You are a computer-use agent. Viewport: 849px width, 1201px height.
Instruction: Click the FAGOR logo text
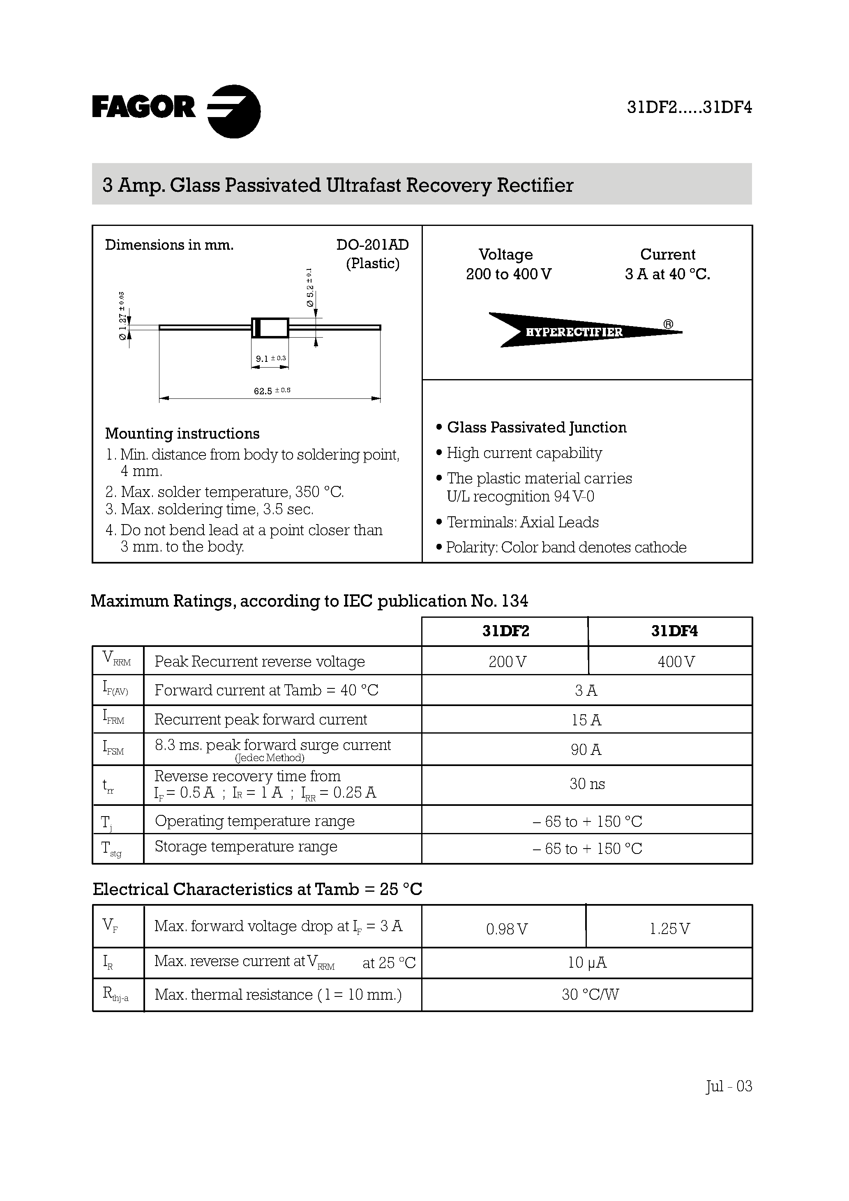tap(144, 107)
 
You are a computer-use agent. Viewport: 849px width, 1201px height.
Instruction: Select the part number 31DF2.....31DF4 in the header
tap(689, 107)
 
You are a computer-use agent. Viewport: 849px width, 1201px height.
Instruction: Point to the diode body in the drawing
tap(270, 327)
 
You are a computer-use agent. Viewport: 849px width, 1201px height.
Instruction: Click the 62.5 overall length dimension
tap(271, 390)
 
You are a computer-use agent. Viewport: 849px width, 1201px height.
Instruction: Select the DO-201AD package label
tap(372, 245)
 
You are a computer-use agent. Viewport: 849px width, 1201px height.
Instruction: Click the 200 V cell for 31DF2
tap(507, 662)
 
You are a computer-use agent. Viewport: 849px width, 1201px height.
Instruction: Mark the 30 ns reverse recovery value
tap(587, 784)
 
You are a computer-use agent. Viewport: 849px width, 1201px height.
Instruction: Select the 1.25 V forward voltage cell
tap(669, 929)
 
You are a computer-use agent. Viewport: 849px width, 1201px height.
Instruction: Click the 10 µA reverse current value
tap(587, 962)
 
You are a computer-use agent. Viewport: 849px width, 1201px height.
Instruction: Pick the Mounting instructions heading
tap(182, 434)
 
